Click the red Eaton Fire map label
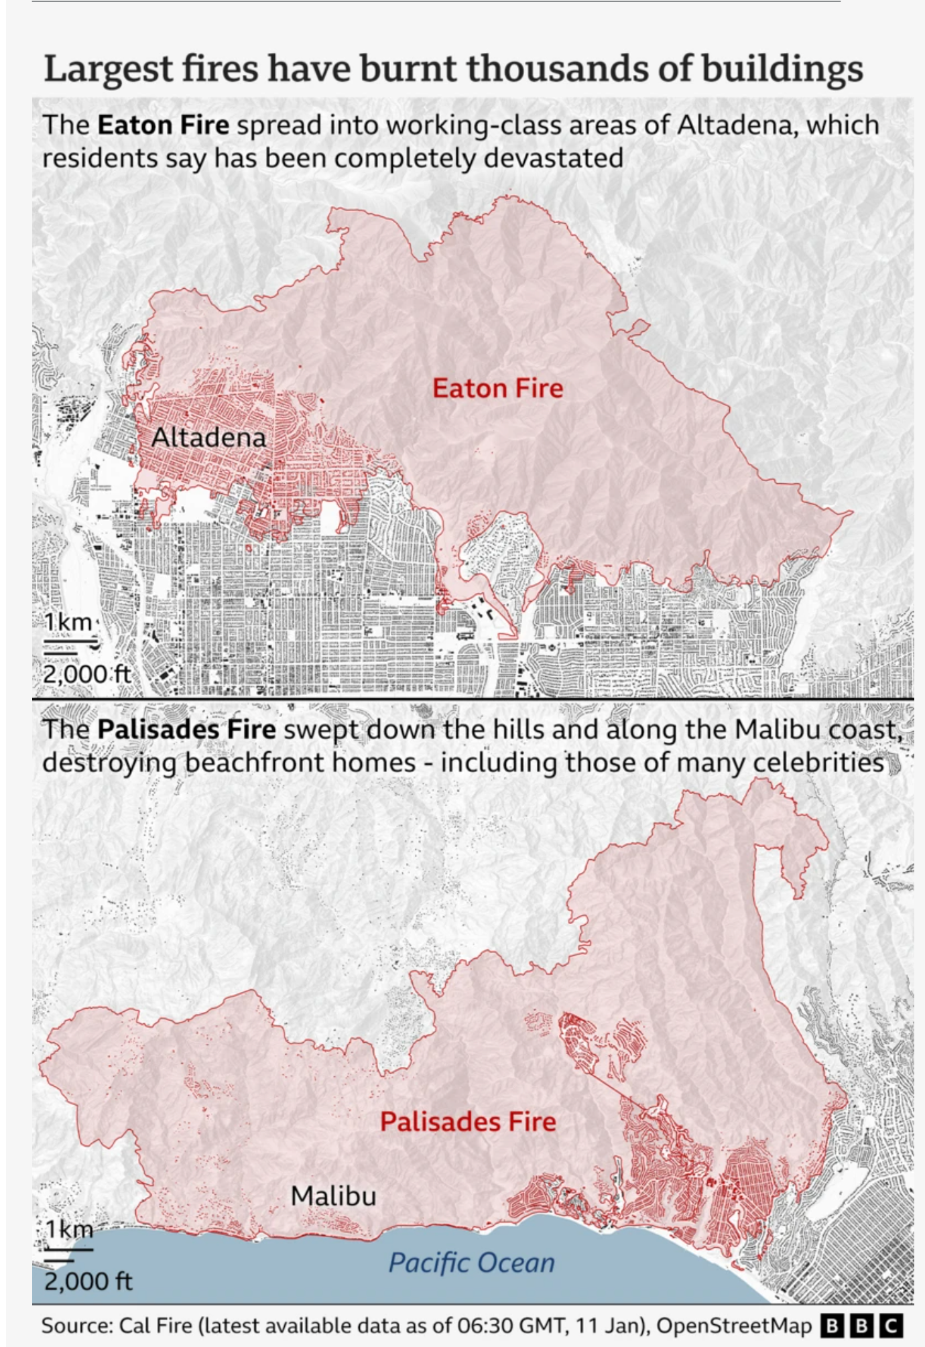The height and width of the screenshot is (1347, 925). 497,389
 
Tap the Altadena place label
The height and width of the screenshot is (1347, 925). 208,438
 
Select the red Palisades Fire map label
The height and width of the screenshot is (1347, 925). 468,1122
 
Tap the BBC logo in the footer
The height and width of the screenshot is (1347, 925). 862,1326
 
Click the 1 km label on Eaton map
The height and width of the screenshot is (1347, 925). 68,622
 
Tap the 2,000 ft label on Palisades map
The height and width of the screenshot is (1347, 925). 88,1281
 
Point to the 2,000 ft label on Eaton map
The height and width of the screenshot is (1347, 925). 86,673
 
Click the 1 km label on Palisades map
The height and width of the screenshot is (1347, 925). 70,1229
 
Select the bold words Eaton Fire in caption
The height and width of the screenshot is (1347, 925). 163,125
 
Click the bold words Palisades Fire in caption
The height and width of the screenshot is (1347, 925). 186,729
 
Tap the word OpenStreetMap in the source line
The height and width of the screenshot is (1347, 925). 734,1326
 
